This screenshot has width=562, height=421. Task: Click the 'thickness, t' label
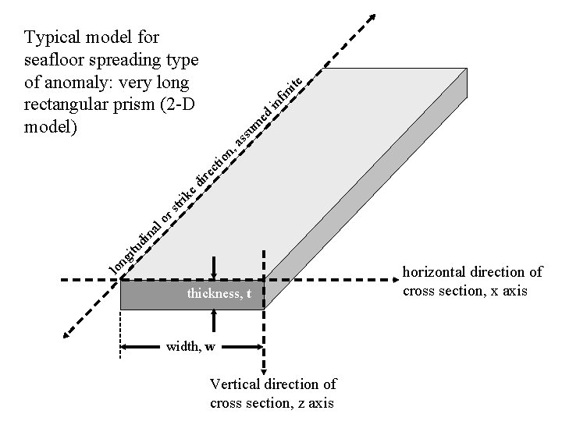219,294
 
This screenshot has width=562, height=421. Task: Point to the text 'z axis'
315,403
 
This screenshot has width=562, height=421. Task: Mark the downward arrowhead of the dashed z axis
265,373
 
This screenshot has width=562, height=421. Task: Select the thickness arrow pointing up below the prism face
213,316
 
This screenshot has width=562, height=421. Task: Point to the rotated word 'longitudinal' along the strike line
137,246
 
